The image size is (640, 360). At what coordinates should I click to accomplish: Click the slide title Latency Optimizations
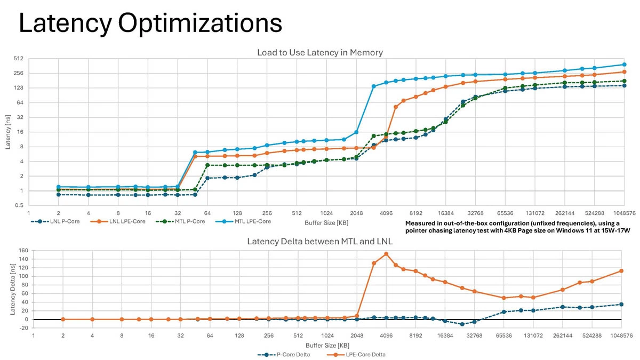(x=150, y=24)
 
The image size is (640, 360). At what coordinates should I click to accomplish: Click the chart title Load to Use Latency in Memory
(x=320, y=52)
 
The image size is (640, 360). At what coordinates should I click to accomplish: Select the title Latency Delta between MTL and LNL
(x=320, y=241)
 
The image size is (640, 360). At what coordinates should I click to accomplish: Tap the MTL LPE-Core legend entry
(x=251, y=221)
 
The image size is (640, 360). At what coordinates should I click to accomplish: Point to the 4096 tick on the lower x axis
(x=386, y=337)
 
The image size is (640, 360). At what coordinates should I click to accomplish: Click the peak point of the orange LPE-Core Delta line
(x=386, y=254)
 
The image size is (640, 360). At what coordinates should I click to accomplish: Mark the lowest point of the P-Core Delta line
(x=462, y=324)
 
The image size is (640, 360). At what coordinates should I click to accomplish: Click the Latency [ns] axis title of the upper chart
(x=7, y=132)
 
